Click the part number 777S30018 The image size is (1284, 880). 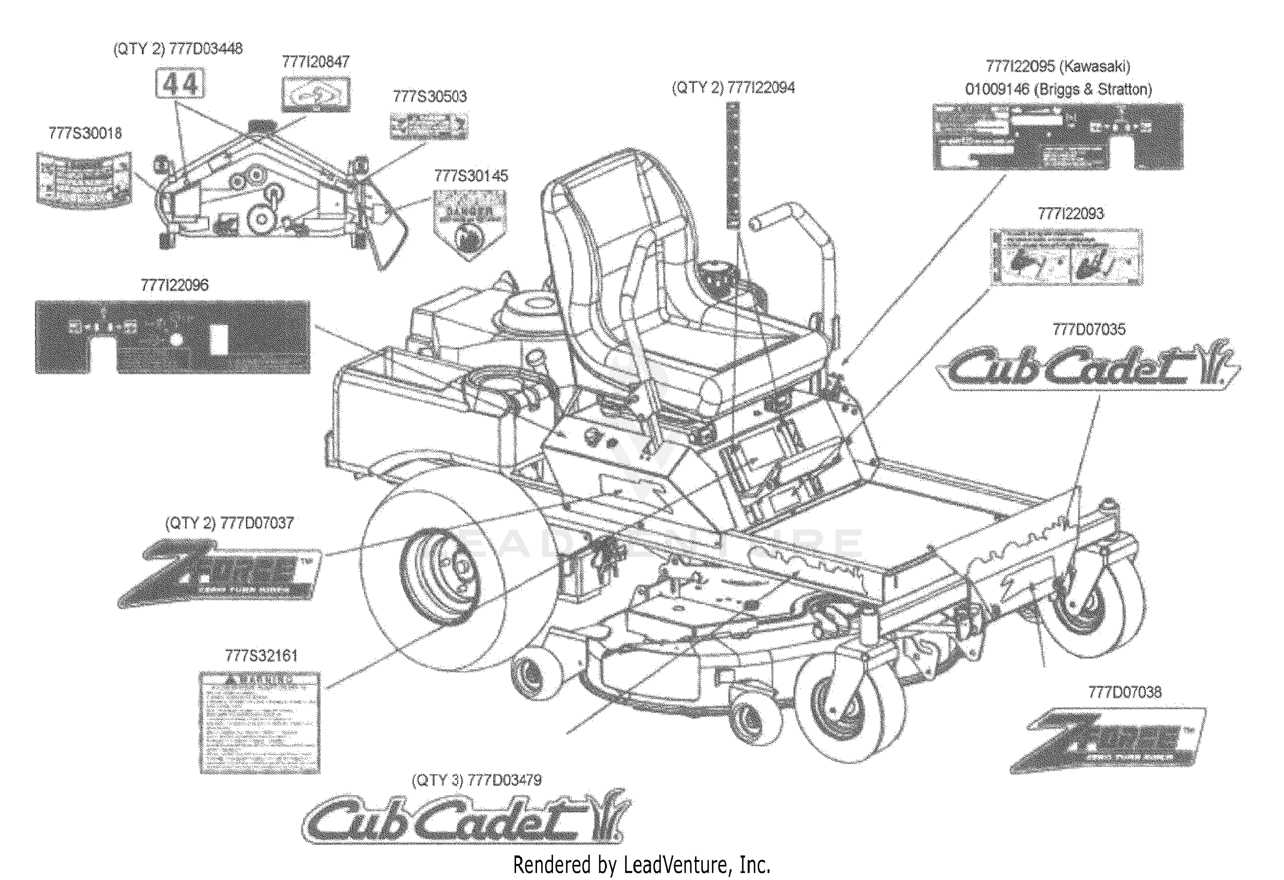pos(85,133)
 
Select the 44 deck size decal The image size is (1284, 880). pos(179,84)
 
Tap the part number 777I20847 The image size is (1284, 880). pos(316,62)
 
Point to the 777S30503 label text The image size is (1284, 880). pos(429,97)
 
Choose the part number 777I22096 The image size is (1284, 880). pos(175,285)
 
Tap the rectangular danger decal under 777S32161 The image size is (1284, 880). pos(260,722)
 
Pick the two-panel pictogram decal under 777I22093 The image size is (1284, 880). pos(1066,257)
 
